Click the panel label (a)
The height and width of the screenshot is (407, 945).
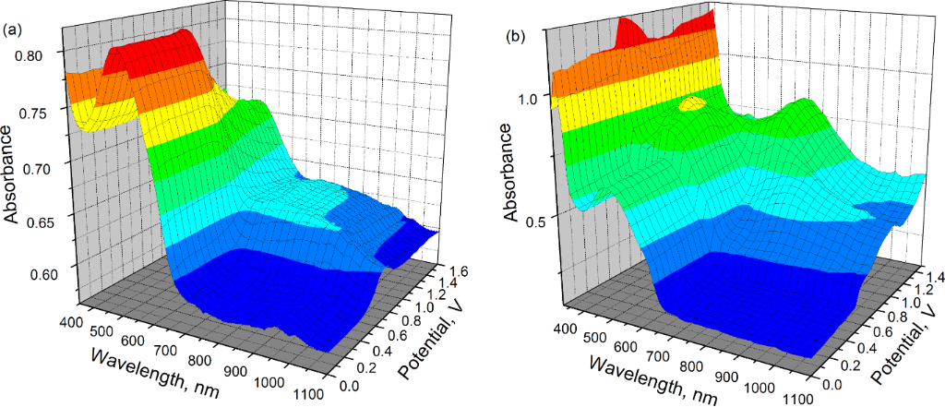point(12,30)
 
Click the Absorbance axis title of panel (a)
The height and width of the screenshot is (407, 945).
point(12,171)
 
